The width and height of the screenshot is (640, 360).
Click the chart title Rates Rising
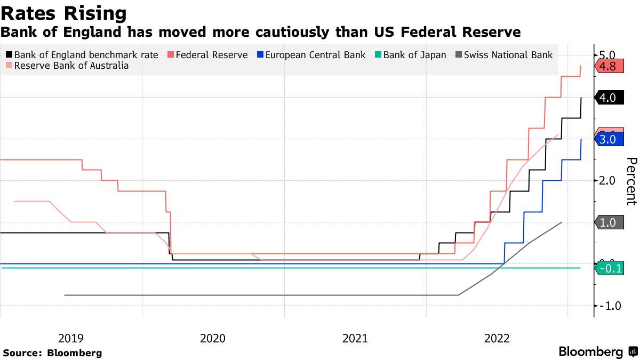tap(64, 13)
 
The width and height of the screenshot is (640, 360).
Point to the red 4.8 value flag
tap(607, 67)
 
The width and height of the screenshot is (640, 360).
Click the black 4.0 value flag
tap(607, 98)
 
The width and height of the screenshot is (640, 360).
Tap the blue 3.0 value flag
tap(607, 140)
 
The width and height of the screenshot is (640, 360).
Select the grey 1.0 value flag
tap(607, 222)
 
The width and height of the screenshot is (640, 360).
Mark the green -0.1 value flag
tap(609, 268)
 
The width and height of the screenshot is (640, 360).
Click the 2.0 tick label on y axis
tap(607, 181)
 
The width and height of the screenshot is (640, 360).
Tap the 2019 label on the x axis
tap(70, 338)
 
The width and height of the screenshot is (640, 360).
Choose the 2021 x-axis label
tap(355, 338)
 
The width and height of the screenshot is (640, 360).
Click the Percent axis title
tap(631, 181)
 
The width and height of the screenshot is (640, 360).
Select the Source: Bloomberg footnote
tap(52, 353)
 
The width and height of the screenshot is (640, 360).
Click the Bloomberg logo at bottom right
tap(597, 352)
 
